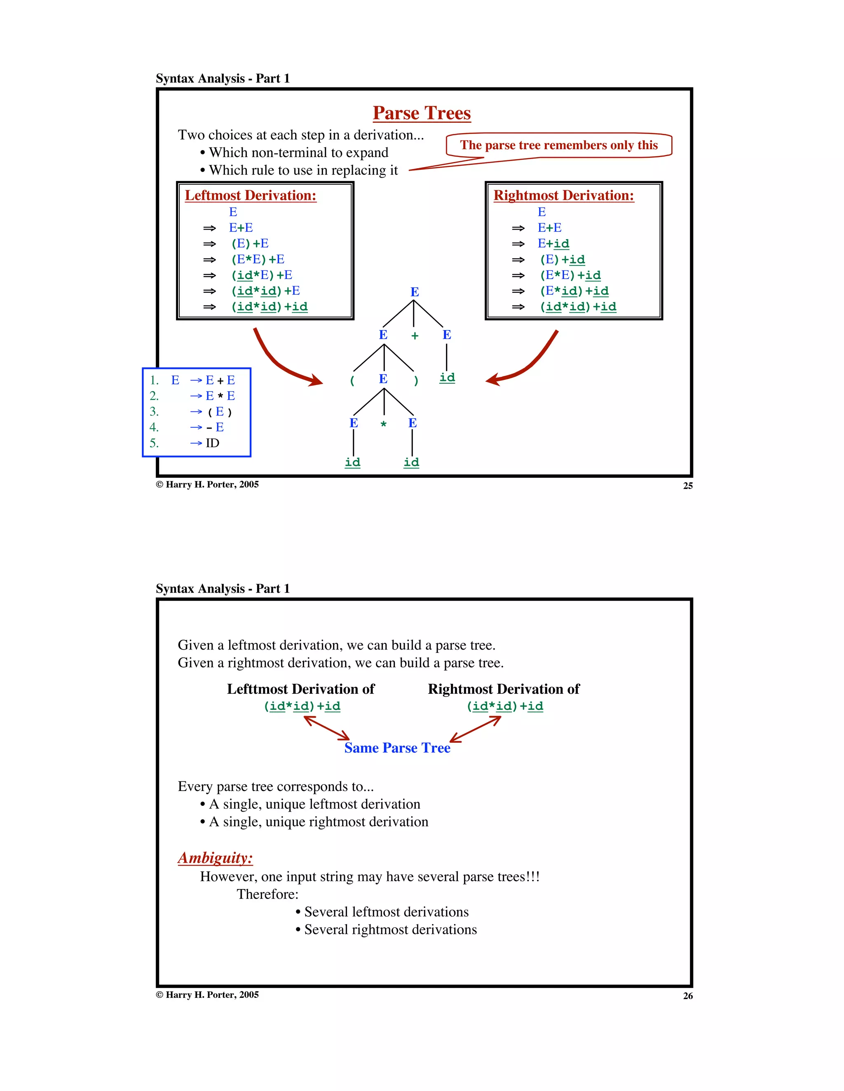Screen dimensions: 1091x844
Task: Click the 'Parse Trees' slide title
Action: [422, 113]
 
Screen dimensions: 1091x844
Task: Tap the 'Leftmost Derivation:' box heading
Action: [250, 195]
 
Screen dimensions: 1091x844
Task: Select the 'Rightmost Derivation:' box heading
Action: [563, 195]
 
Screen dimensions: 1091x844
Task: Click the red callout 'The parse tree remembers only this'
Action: [558, 145]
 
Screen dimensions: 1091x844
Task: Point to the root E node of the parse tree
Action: [415, 292]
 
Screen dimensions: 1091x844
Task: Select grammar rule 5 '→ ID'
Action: [205, 443]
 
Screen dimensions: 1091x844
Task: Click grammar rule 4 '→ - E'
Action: [207, 427]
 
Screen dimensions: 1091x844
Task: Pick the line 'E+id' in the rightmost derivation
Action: [553, 244]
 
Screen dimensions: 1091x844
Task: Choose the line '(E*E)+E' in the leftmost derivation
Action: [258, 259]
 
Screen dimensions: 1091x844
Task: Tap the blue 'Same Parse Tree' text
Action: [397, 748]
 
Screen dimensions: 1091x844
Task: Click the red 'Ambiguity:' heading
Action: [215, 858]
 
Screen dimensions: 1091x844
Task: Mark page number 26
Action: [688, 996]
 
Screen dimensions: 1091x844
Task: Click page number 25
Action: [688, 486]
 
